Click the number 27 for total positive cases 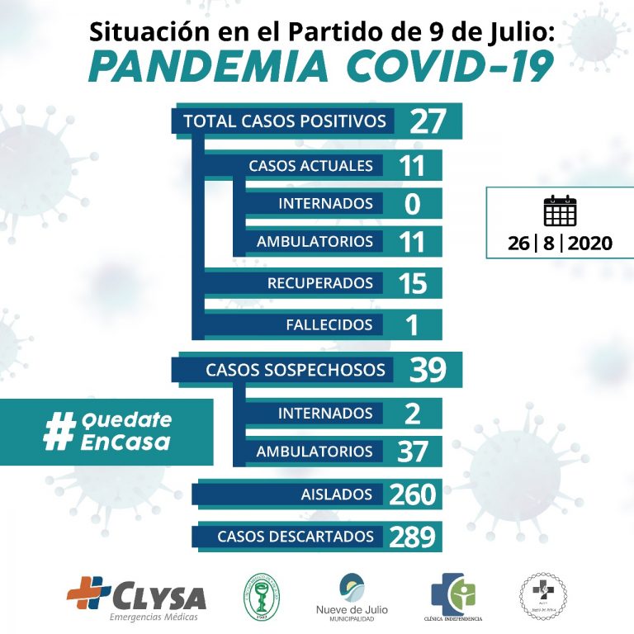point(428,122)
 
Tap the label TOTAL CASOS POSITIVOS point(285,121)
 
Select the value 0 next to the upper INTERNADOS point(413,204)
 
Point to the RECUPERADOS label point(319,283)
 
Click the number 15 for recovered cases point(411,283)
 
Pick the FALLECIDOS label point(329,324)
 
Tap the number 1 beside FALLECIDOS point(412,325)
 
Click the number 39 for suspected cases point(428,370)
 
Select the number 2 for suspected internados point(412,413)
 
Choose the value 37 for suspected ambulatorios point(411,452)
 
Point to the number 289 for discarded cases point(412,537)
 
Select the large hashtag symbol point(59,431)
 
